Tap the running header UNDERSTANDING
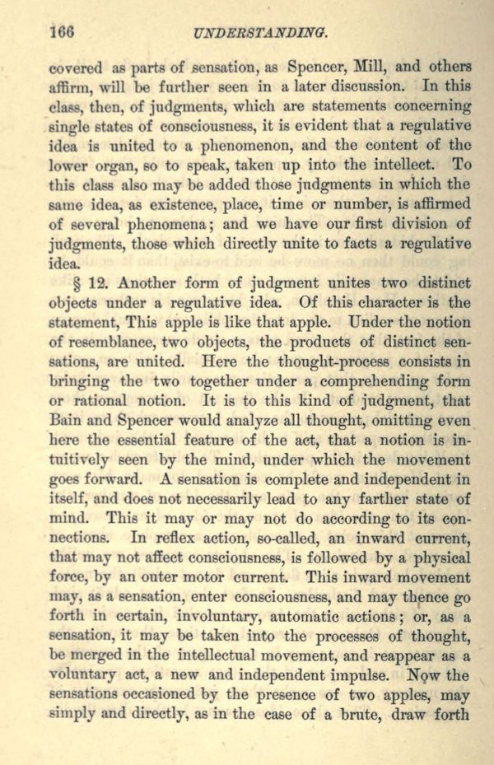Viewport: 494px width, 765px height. [x=260, y=33]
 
